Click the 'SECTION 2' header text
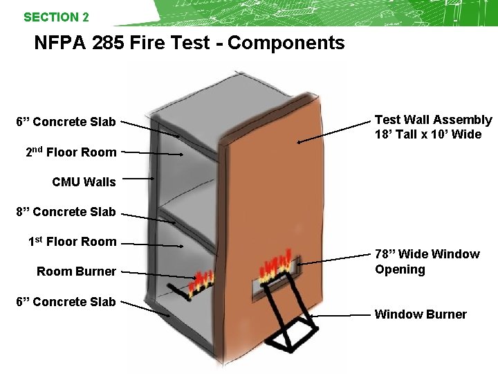click(56, 17)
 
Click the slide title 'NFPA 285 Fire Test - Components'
click(189, 43)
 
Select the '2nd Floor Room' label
click(71, 152)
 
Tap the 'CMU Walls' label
click(84, 182)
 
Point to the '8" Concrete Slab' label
click(66, 212)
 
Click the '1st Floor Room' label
click(72, 242)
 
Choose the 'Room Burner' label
click(76, 271)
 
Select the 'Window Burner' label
click(420, 314)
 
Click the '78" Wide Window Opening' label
click(427, 262)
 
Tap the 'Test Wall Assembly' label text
click(433, 120)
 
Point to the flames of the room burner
click(202, 280)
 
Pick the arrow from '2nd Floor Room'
click(153, 152)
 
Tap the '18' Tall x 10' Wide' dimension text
click(427, 134)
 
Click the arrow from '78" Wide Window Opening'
click(335, 261)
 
